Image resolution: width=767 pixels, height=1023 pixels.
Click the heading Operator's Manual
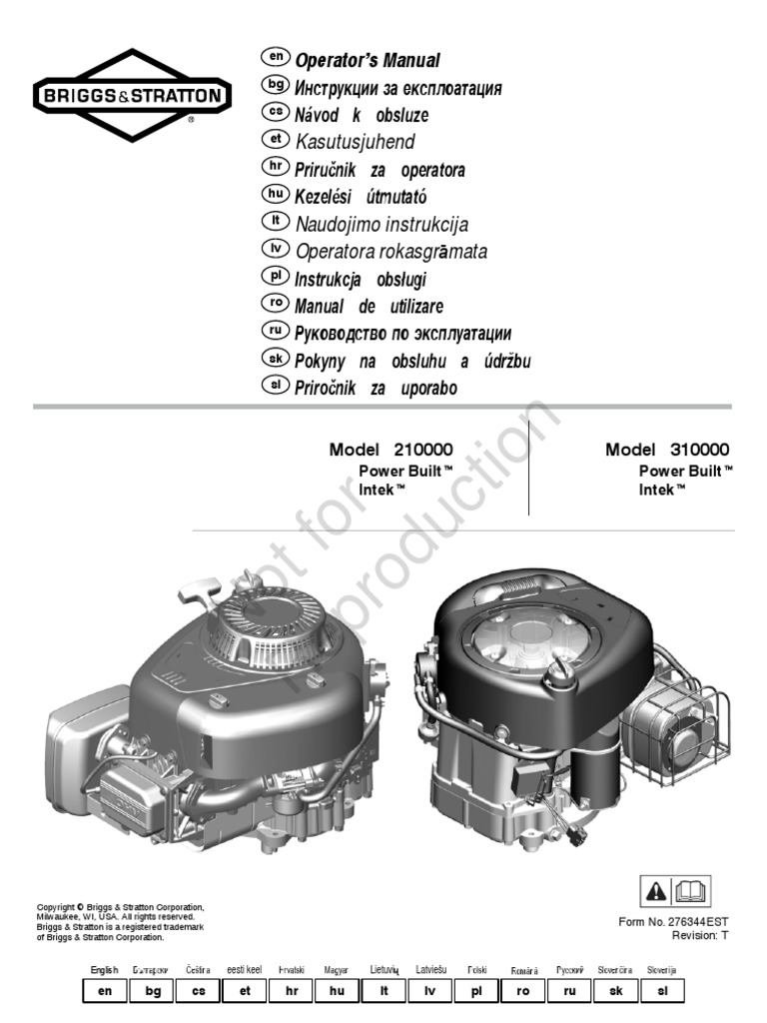coord(368,61)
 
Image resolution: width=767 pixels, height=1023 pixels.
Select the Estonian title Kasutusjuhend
coord(355,142)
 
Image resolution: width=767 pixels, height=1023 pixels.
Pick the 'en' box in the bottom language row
coord(105,991)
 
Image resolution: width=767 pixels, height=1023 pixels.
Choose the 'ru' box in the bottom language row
coord(570,991)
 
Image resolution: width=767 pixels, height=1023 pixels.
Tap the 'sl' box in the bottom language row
coord(663,991)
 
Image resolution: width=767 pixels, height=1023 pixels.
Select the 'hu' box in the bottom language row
coord(337,991)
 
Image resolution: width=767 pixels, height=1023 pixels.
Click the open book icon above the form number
coord(694,888)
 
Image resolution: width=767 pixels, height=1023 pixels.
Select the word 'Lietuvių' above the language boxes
coord(384,970)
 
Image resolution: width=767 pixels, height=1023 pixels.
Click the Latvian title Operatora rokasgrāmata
coord(391,252)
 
